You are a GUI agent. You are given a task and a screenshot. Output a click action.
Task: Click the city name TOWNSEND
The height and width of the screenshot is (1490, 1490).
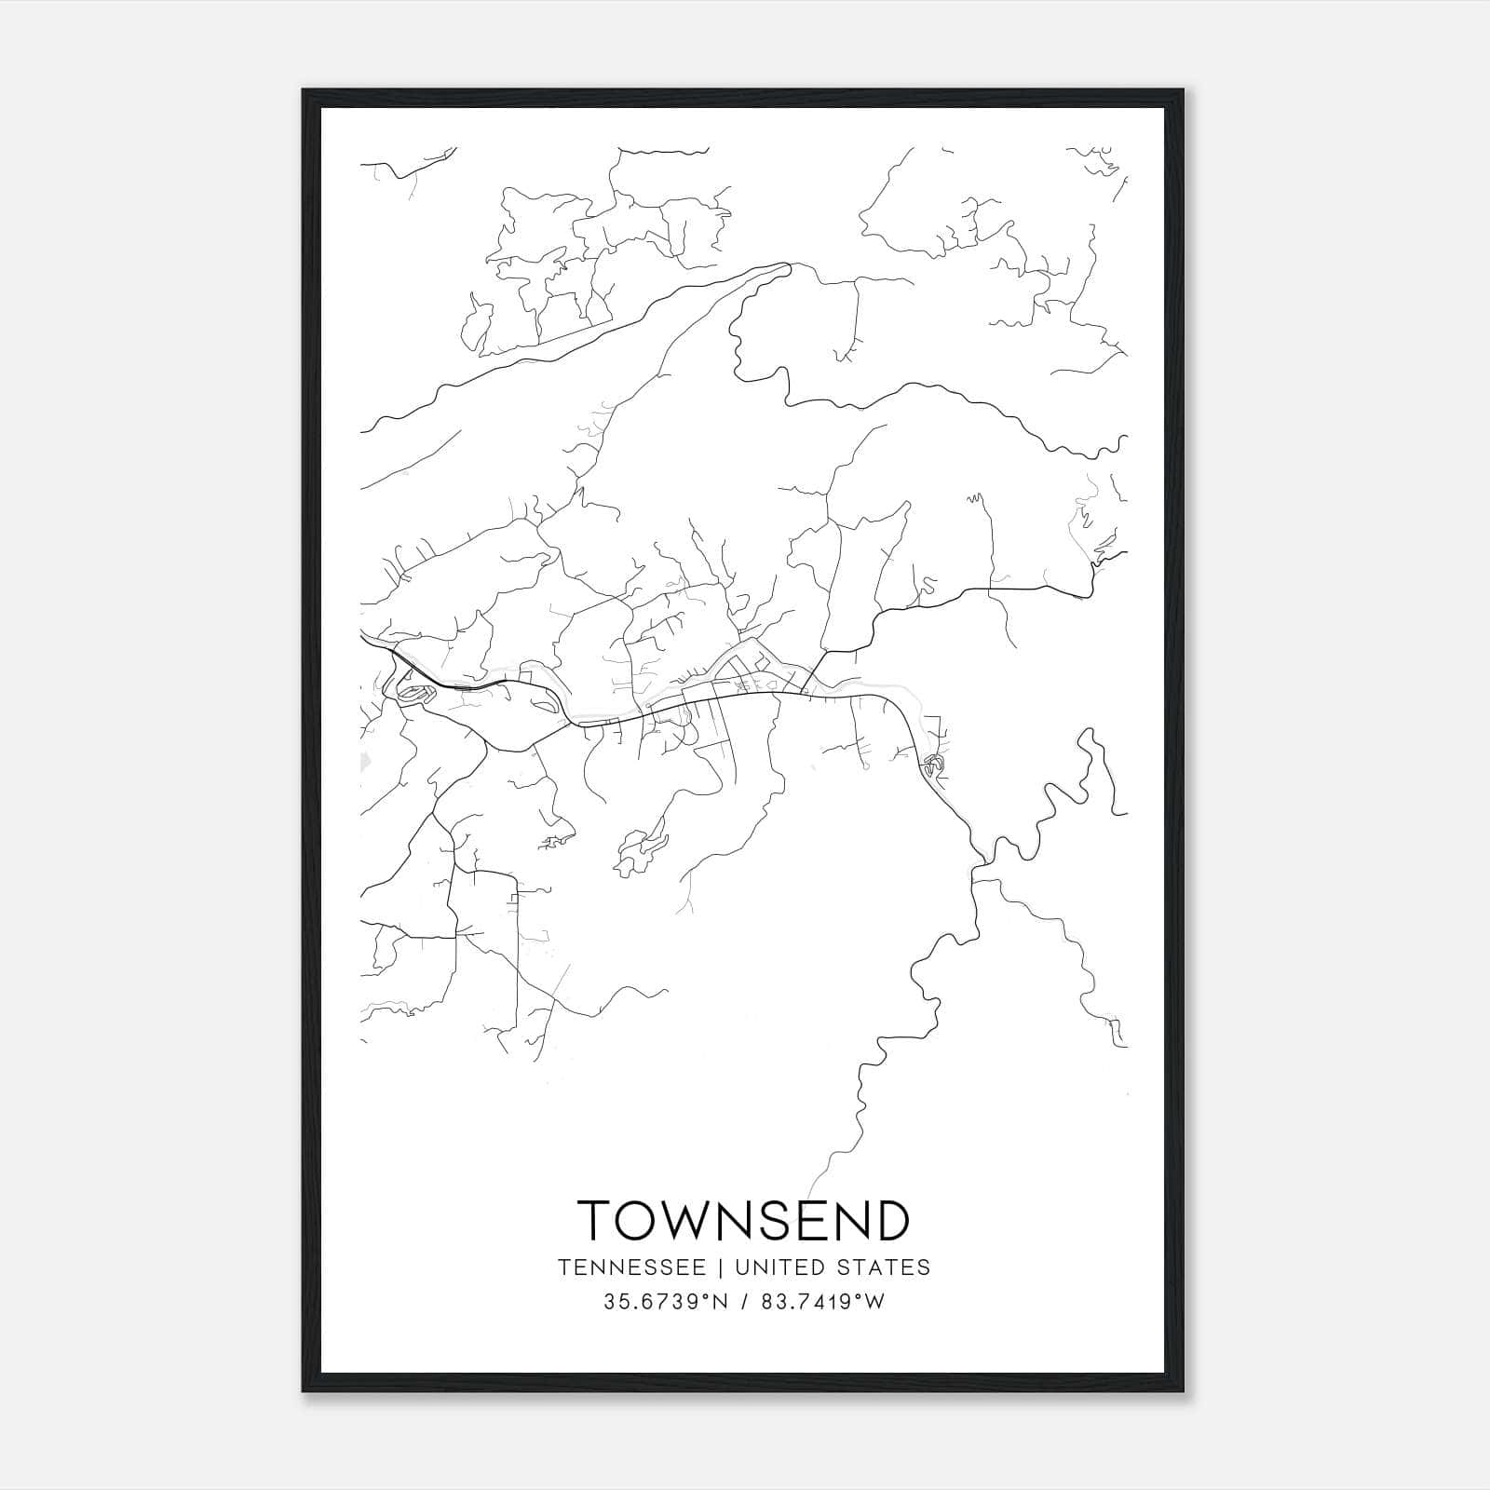point(743,1220)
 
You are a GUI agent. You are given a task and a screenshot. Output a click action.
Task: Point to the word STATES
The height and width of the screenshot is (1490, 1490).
point(884,1267)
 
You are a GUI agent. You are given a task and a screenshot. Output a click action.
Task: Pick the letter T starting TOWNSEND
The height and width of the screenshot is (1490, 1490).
point(595,1220)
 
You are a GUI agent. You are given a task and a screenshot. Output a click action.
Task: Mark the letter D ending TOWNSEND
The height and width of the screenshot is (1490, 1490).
point(891,1220)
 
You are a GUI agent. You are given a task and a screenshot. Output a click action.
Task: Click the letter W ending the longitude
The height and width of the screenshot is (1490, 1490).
point(875,1302)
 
